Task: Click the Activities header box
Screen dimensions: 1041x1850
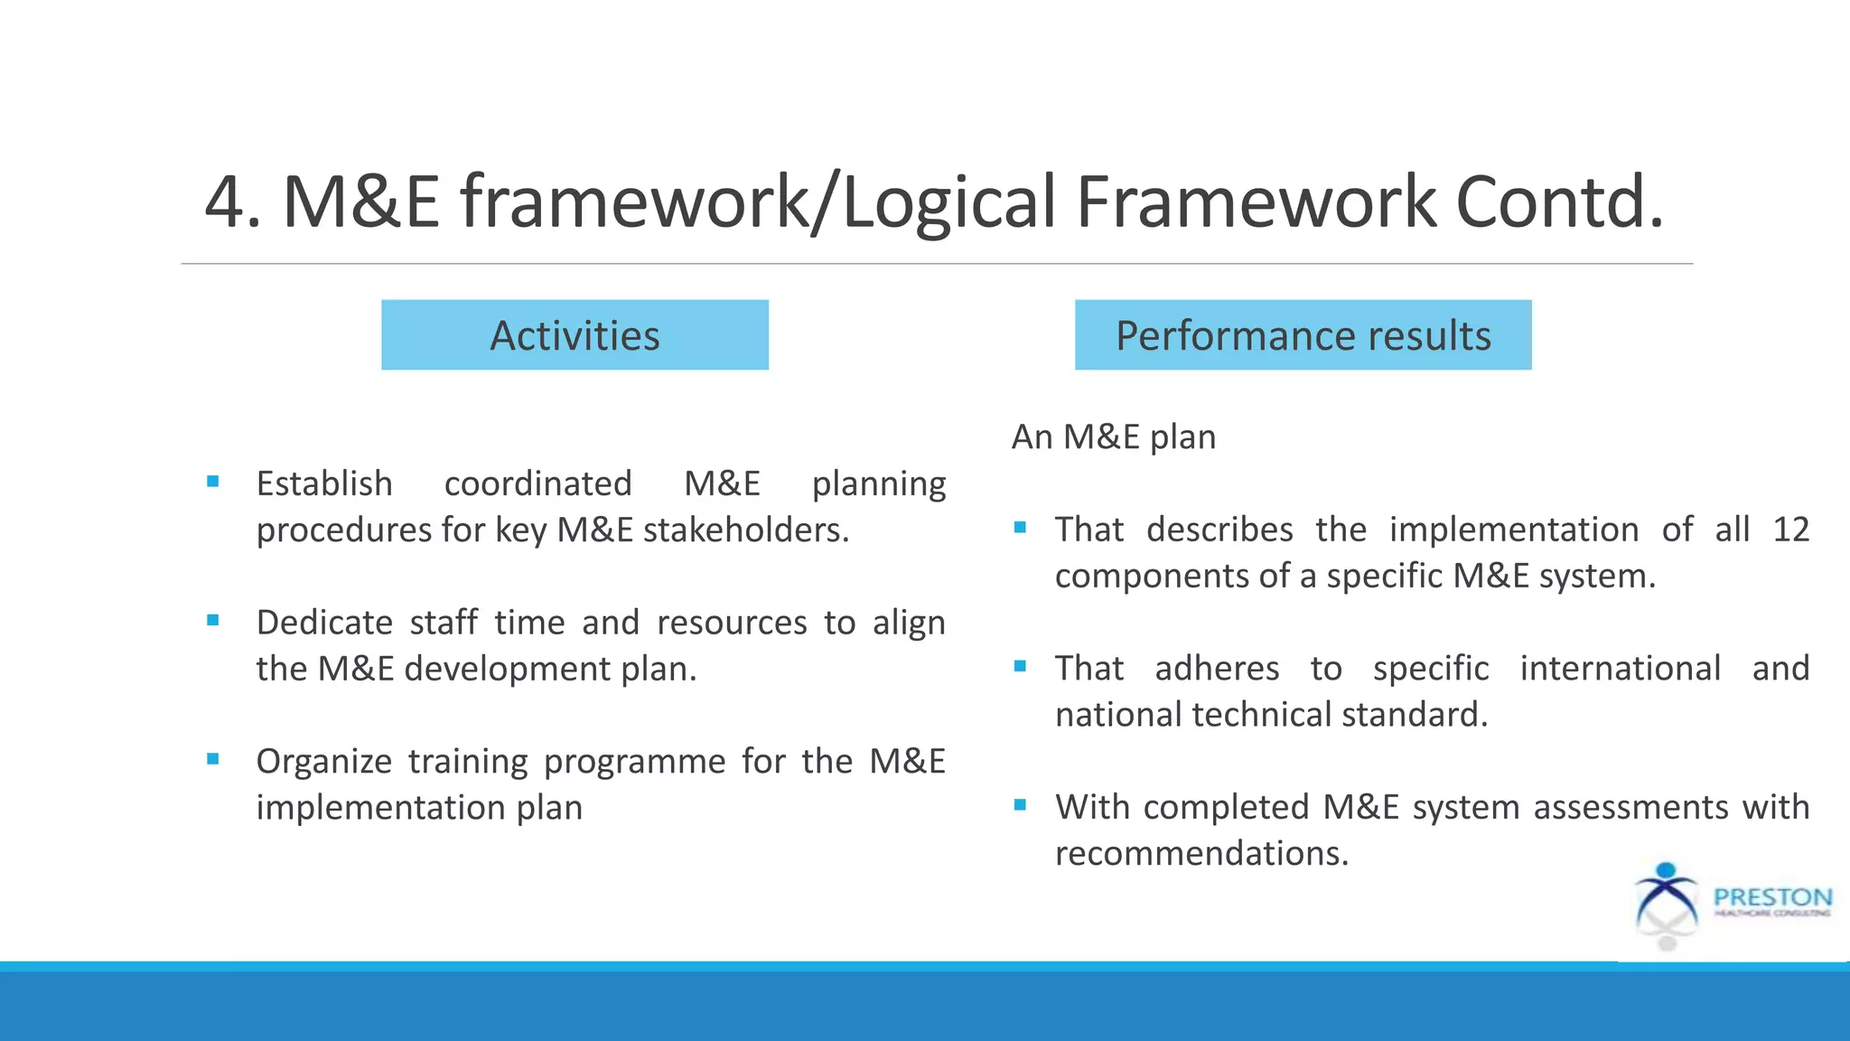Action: (575, 335)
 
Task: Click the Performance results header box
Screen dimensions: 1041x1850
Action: (1303, 335)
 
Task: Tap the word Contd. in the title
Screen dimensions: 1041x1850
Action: (1559, 202)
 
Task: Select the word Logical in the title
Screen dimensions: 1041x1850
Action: (948, 203)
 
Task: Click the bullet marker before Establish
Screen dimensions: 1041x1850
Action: (213, 482)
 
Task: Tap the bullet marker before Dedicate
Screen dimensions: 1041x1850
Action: (213, 621)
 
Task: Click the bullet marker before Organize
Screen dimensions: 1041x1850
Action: (213, 759)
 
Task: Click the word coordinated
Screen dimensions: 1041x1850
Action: (537, 483)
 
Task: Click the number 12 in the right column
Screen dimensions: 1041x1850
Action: (1790, 530)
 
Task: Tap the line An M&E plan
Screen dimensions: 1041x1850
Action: (1113, 437)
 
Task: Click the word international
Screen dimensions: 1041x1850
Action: (1620, 669)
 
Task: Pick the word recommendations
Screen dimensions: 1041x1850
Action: (1201, 854)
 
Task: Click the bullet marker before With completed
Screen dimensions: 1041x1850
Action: (1020, 805)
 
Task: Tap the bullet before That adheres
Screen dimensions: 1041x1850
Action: (1020, 667)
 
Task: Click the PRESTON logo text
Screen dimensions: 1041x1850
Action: (1772, 897)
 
